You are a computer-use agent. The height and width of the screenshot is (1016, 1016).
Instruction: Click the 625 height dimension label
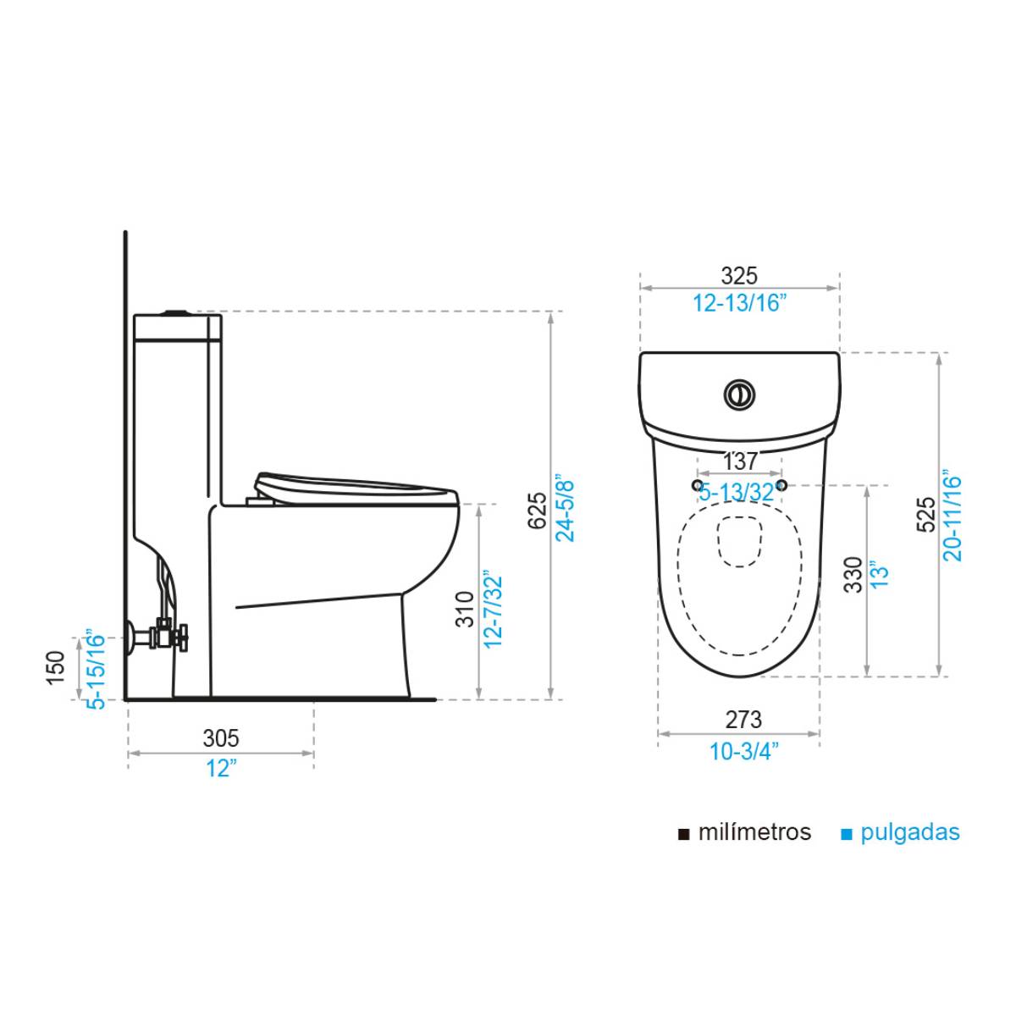(x=537, y=511)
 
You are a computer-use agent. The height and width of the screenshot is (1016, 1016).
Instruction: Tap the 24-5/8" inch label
(x=565, y=508)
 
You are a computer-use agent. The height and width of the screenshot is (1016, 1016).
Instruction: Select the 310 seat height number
(x=465, y=609)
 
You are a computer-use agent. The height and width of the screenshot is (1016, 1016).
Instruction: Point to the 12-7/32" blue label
(x=493, y=609)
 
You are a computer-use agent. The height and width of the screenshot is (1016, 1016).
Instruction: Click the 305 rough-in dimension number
(x=221, y=738)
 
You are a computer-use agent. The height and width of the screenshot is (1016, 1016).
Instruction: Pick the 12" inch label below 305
(x=221, y=769)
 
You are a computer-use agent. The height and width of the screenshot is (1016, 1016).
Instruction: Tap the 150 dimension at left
(x=56, y=668)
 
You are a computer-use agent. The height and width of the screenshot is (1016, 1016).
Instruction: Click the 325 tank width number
(x=739, y=276)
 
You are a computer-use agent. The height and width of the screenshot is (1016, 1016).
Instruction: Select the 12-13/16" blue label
(x=739, y=303)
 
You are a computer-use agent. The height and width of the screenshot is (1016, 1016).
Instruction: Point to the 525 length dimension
(x=926, y=514)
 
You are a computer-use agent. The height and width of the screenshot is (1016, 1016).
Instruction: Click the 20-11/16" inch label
(x=952, y=516)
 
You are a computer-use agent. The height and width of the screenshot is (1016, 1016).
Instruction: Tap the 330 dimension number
(x=853, y=575)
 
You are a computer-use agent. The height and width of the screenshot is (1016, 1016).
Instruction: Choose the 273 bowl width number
(x=743, y=720)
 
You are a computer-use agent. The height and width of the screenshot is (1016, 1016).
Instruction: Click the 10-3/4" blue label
(x=743, y=751)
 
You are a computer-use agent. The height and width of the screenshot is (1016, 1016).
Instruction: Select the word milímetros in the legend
(x=754, y=832)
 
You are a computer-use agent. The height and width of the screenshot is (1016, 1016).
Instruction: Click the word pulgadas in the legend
(x=910, y=833)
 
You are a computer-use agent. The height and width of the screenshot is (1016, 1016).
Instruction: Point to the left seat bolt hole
(x=698, y=484)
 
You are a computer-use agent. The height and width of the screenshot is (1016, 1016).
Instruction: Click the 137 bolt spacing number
(x=740, y=462)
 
